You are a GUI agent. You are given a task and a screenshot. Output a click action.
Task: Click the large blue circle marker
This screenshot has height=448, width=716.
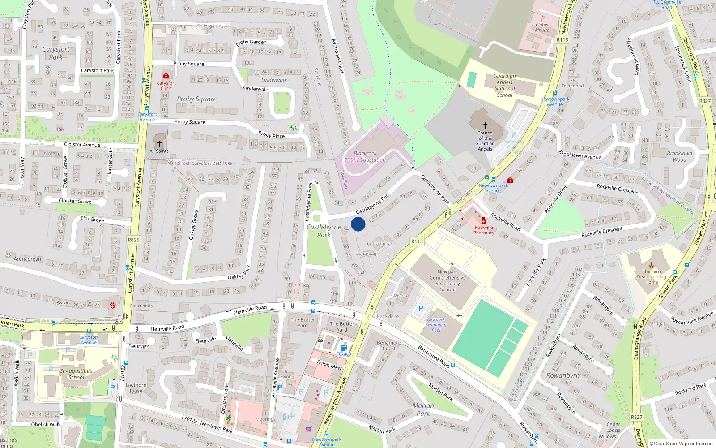(x=358, y=224)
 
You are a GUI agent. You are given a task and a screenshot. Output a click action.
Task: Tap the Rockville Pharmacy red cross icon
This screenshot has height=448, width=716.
(x=484, y=221)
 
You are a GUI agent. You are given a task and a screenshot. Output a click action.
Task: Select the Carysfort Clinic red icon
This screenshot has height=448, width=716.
(x=166, y=76)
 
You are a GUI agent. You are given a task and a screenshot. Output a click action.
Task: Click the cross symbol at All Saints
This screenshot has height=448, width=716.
(x=159, y=144)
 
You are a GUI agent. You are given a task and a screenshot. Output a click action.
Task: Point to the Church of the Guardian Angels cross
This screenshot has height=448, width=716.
(x=485, y=125)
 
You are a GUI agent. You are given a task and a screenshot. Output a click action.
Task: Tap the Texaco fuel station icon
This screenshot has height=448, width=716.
(x=344, y=348)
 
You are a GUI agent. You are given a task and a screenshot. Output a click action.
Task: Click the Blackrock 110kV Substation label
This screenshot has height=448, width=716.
(x=365, y=156)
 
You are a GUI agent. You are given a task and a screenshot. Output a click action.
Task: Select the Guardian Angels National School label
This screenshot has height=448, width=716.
(x=504, y=86)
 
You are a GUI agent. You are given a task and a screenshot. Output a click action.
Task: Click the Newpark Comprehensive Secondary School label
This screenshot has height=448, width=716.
(x=447, y=280)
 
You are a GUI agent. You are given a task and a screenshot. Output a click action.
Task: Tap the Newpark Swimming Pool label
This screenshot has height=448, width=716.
(x=436, y=325)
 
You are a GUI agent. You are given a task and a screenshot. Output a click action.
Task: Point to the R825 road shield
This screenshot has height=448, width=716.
(x=133, y=240)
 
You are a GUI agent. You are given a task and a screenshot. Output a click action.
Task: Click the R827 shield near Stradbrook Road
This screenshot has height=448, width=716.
(x=705, y=101)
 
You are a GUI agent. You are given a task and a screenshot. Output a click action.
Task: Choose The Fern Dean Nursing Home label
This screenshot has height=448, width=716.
(x=652, y=276)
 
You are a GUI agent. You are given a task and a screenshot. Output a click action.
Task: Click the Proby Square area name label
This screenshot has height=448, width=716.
(x=196, y=99)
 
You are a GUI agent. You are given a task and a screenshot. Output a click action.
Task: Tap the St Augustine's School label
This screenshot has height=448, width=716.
(x=76, y=374)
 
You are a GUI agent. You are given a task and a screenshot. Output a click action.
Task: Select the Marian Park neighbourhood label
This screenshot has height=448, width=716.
(x=423, y=409)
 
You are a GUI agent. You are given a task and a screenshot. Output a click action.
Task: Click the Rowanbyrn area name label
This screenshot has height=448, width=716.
(x=563, y=375)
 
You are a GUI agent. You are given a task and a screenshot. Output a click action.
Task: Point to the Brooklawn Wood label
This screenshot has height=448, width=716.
(x=679, y=156)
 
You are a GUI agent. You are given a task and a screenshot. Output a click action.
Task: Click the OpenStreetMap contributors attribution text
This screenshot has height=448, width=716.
(x=682, y=444)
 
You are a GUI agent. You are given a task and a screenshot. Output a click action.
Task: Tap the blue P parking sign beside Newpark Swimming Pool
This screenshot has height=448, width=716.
(x=421, y=308)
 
